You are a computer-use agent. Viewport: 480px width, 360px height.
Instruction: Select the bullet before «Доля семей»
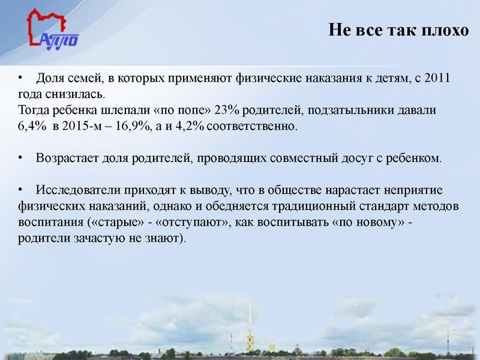pyautogui.click(x=20, y=79)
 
